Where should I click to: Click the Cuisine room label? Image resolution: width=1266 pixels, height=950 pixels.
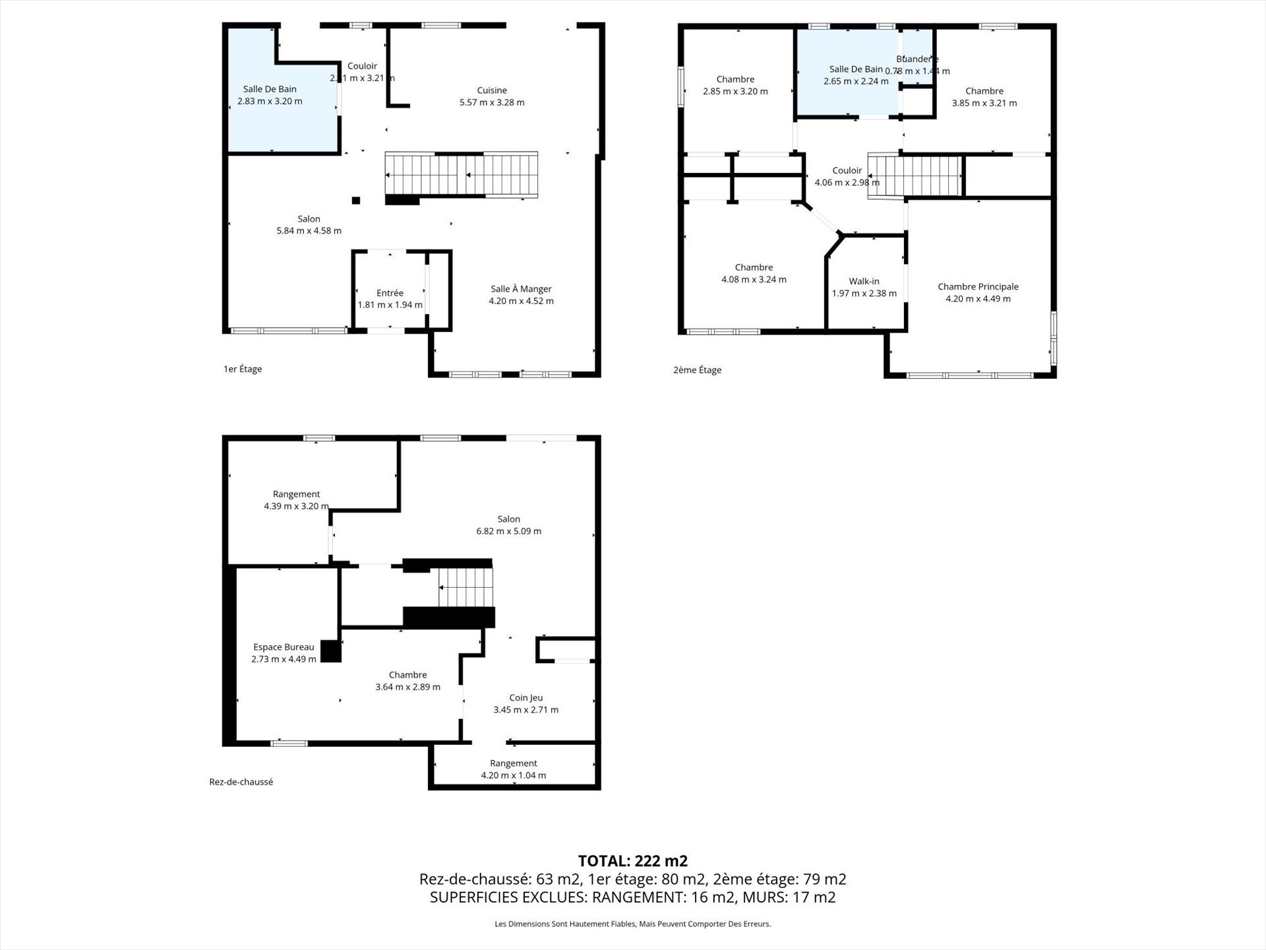[x=492, y=90]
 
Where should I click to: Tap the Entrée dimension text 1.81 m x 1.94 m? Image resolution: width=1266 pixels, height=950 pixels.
[x=390, y=305]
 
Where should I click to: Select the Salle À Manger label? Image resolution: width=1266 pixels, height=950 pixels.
[x=521, y=289]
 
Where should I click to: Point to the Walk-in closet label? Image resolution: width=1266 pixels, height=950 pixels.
[x=864, y=281]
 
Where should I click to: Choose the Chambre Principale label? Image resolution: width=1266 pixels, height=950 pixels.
[x=978, y=286]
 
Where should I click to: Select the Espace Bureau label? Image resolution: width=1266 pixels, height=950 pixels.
[x=284, y=647]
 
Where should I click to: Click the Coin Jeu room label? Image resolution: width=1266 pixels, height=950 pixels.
[x=526, y=697]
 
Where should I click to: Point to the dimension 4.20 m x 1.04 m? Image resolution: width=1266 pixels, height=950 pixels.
[x=513, y=775]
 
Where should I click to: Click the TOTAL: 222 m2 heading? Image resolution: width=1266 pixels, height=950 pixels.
[x=632, y=861]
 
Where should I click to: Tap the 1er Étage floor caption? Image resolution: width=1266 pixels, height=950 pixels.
[x=243, y=369]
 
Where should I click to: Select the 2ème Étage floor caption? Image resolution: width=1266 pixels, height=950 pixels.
[x=697, y=370]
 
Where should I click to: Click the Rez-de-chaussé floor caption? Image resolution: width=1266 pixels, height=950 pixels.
[x=241, y=782]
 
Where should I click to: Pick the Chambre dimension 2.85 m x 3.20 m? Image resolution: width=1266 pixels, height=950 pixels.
[x=735, y=92]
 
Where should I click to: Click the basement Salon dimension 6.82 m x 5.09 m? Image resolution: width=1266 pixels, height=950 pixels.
[x=508, y=531]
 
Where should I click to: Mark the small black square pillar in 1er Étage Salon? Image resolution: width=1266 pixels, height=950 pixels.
[x=356, y=201]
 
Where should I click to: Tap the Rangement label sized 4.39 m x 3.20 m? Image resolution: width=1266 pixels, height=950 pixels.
[x=296, y=494]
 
